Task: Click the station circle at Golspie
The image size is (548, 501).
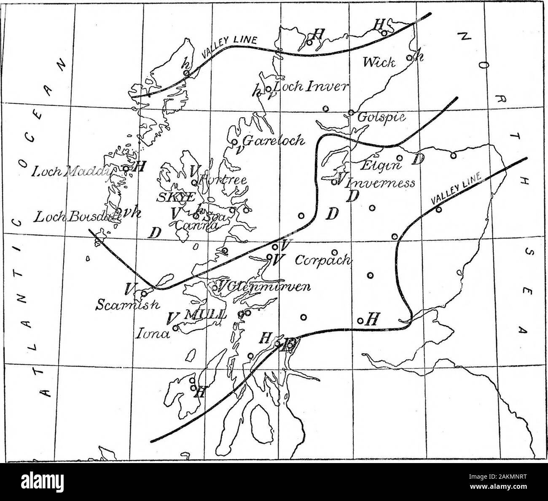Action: (351, 112)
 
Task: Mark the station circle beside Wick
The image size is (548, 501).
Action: (408, 58)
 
